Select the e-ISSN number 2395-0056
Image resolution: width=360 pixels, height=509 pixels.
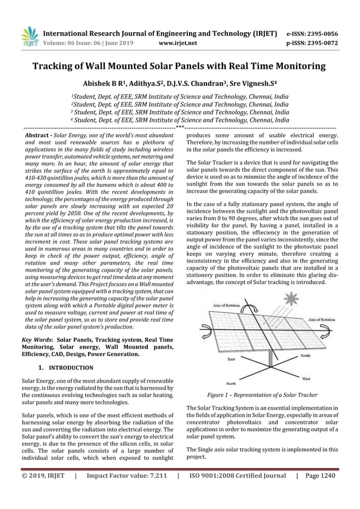[x=324, y=33]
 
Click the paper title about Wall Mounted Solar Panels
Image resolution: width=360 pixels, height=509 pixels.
[x=179, y=66]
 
